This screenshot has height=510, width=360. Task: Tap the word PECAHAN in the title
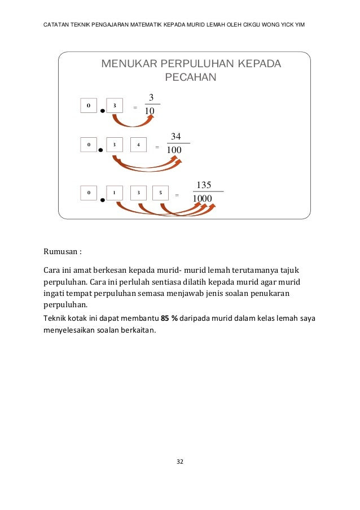[x=190, y=77]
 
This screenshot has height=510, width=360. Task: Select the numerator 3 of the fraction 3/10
[x=151, y=97]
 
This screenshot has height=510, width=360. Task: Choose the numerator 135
[x=203, y=185]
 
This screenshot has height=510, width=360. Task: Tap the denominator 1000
[x=203, y=199]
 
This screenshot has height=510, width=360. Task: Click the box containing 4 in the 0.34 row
[x=138, y=145]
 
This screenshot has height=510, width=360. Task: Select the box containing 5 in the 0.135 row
[x=161, y=193]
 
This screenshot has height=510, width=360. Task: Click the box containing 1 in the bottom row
[x=115, y=193]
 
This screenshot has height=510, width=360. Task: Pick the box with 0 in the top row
[x=89, y=105]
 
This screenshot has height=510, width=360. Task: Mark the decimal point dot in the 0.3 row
[x=102, y=111]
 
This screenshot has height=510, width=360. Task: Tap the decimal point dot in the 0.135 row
[x=102, y=199]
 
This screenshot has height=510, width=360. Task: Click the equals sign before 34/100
[x=157, y=147]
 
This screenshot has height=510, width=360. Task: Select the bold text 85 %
[x=169, y=319]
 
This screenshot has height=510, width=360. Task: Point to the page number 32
[x=180, y=462]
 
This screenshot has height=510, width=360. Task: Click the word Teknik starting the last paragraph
[x=55, y=319]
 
